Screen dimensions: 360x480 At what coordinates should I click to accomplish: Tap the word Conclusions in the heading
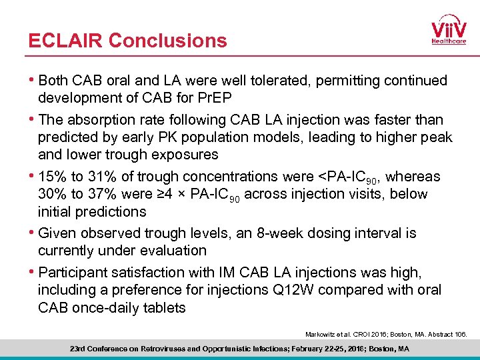tap(167, 41)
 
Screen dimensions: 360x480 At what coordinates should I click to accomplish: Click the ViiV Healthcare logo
tap(448, 29)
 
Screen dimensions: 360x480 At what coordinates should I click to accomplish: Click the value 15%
tap(53, 177)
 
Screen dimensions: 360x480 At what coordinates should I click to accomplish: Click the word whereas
tap(413, 177)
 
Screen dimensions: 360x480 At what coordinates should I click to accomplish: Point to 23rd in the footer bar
tap(79, 349)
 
